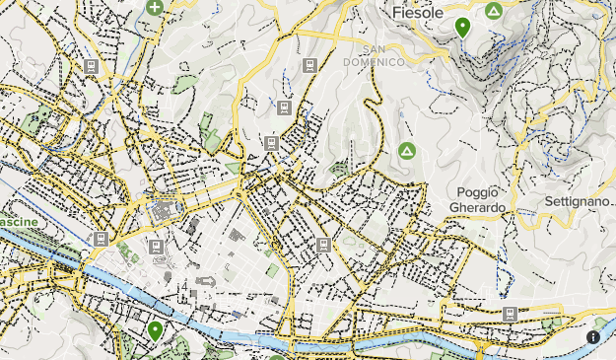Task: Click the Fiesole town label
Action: (x=415, y=13)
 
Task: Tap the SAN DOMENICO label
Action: (x=382, y=55)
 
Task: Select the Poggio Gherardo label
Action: (x=479, y=199)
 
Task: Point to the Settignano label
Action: (x=576, y=201)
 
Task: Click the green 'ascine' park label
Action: (x=21, y=223)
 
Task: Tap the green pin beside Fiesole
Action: (x=462, y=27)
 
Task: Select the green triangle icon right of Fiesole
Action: (x=494, y=11)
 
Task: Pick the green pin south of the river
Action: (x=155, y=330)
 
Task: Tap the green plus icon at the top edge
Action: (x=155, y=7)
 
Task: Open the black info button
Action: (x=593, y=336)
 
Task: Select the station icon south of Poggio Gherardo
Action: (x=509, y=314)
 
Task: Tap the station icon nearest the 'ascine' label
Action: (x=100, y=239)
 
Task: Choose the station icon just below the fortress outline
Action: (x=156, y=246)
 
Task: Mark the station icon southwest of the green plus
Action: (x=91, y=66)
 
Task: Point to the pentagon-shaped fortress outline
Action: (x=162, y=212)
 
